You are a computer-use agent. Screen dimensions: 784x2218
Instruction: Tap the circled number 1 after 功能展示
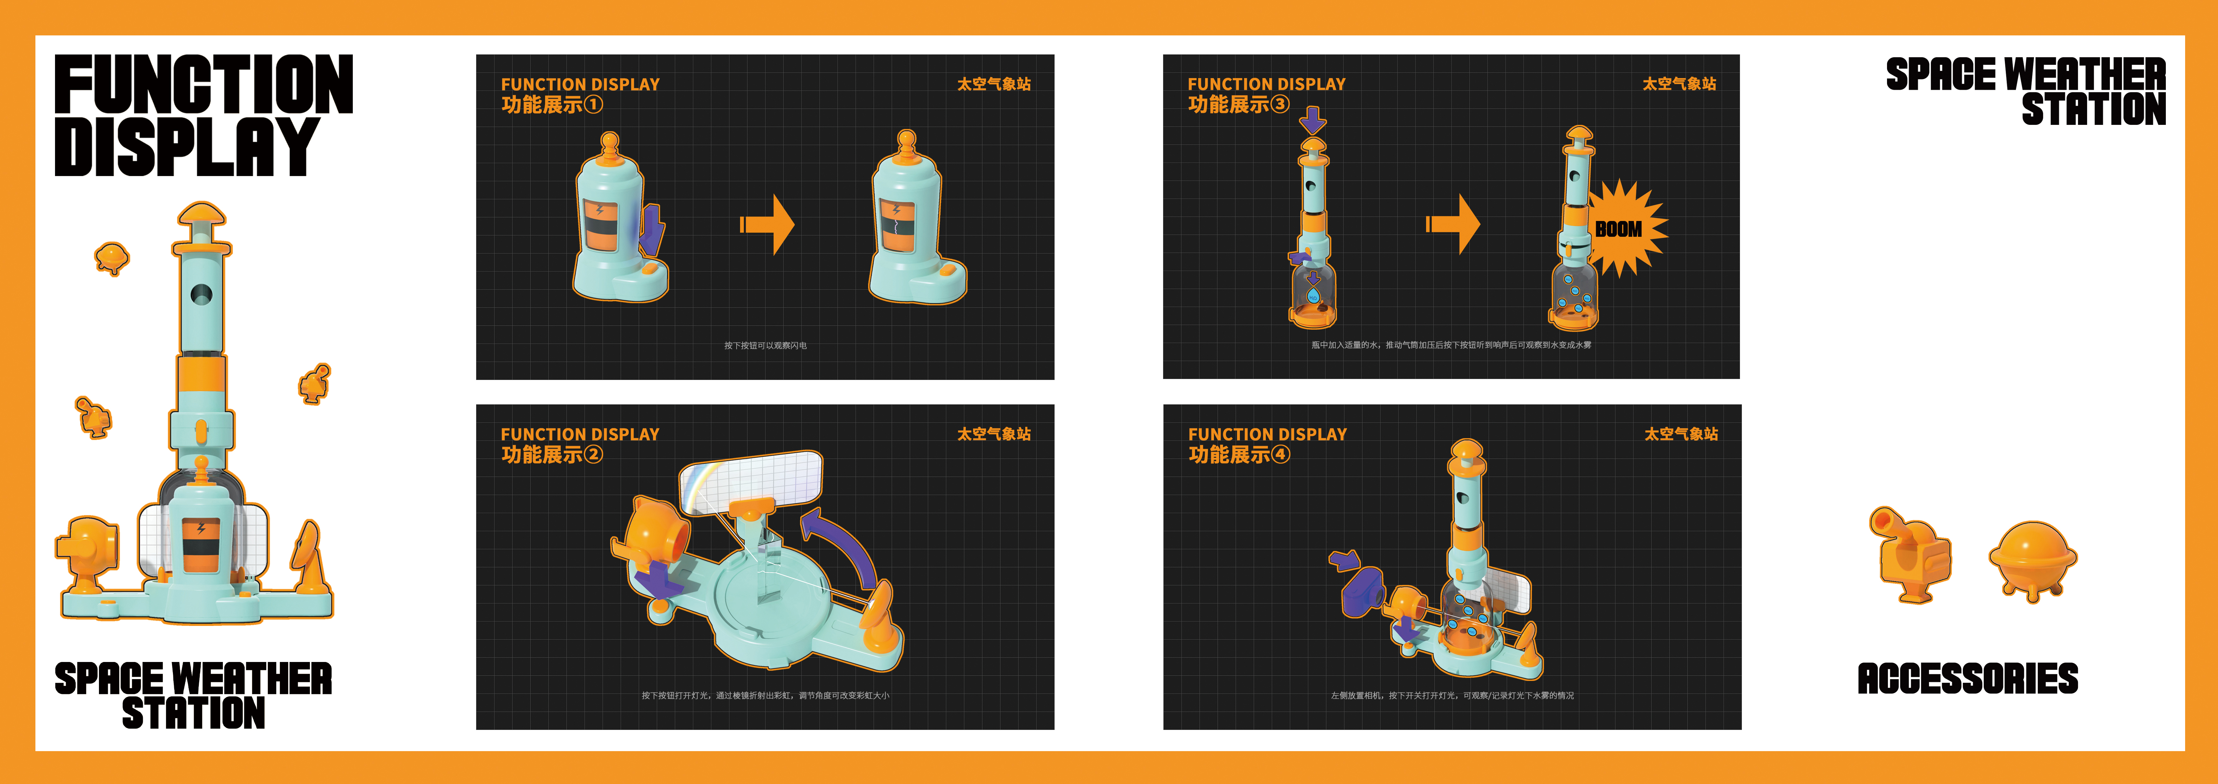[593, 105]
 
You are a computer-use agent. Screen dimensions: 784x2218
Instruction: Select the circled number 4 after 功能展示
[1280, 454]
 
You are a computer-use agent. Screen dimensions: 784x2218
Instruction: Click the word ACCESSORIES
[1967, 679]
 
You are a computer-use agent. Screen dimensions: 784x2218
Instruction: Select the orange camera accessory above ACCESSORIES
[1910, 555]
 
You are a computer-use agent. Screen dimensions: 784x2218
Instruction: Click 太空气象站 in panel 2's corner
[994, 434]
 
